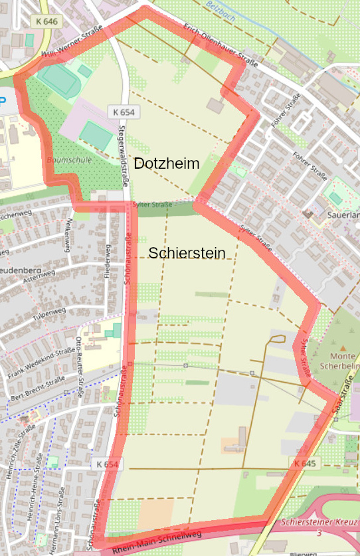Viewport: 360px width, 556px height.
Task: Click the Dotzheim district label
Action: click(167, 163)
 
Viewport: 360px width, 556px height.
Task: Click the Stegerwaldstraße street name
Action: click(124, 153)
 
